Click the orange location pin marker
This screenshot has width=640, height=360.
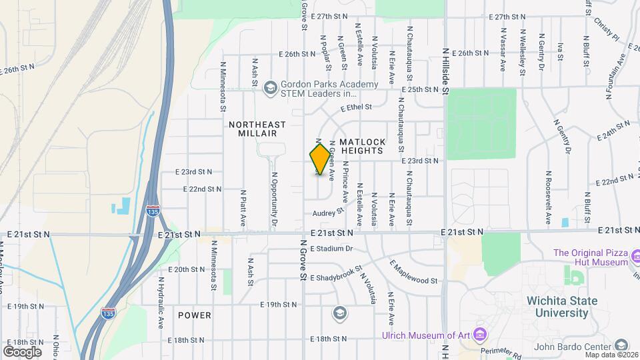coord(321,159)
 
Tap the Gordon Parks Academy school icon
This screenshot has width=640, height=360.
coord(270,87)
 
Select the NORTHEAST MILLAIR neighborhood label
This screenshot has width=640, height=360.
coord(257,129)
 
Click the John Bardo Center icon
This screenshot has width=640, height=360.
coord(621,345)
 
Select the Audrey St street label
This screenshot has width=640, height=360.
coord(327,213)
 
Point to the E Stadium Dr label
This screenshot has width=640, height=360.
coord(330,249)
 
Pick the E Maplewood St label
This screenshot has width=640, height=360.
coord(414,273)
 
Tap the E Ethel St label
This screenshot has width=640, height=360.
coord(355,107)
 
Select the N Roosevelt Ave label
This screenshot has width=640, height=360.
coord(547,197)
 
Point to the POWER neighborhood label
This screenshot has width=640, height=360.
coord(195,315)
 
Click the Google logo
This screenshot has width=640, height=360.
coord(22,351)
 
